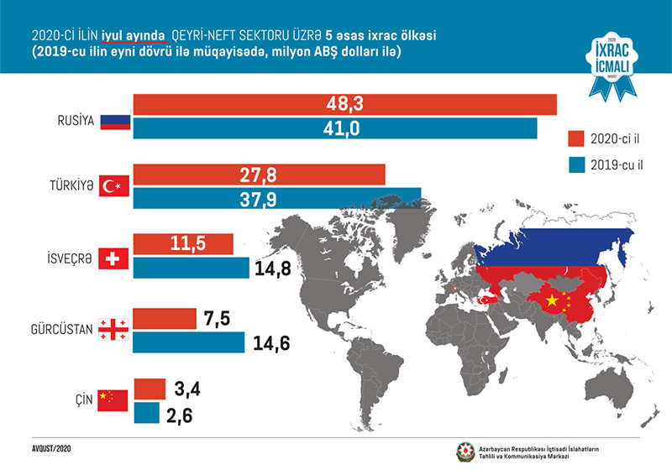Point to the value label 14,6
(x=267, y=343)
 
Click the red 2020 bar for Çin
(x=150, y=389)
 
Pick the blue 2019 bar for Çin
(x=146, y=414)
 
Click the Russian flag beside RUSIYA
(x=112, y=120)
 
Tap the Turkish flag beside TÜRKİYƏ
(x=112, y=187)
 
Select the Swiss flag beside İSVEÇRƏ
(x=112, y=258)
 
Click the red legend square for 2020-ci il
(x=576, y=138)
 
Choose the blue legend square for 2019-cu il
(x=576, y=164)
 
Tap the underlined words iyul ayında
(x=134, y=34)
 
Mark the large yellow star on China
(x=552, y=300)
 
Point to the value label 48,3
(x=344, y=105)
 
